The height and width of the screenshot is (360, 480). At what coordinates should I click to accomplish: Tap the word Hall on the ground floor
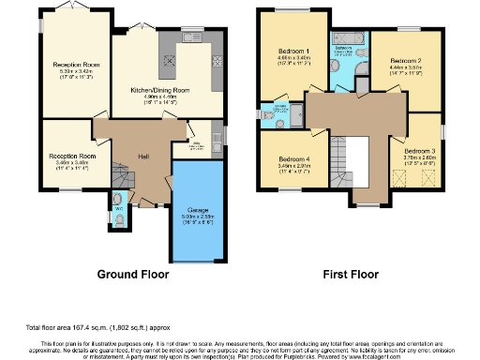point(143,155)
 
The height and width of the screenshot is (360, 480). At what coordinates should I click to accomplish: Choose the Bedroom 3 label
point(419,151)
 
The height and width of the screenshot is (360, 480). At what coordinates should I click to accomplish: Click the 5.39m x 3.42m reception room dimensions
point(76,70)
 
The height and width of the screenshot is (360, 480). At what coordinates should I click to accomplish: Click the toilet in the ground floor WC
point(117,217)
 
